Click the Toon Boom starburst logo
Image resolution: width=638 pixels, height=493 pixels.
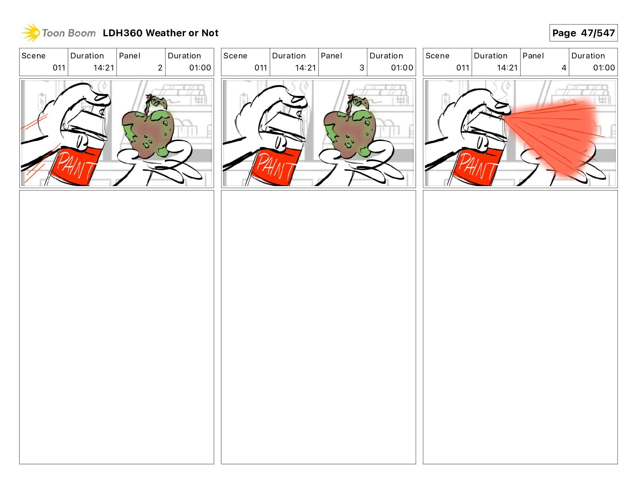pyautogui.click(x=31, y=33)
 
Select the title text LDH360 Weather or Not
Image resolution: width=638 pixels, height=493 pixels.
pyautogui.click(x=161, y=33)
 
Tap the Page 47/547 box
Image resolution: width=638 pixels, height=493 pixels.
pyautogui.click(x=583, y=33)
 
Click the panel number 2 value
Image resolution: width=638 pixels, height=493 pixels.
pyautogui.click(x=160, y=68)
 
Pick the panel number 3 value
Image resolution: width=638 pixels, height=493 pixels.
pyautogui.click(x=362, y=68)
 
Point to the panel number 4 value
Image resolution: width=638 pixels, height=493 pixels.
pyautogui.click(x=564, y=68)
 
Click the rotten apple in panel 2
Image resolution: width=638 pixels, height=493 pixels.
pyautogui.click(x=148, y=129)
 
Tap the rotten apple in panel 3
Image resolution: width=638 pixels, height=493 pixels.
pyautogui.click(x=350, y=129)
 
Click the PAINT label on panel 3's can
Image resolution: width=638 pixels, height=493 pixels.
pyautogui.click(x=278, y=166)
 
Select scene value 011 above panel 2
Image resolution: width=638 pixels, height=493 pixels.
pyautogui.click(x=59, y=68)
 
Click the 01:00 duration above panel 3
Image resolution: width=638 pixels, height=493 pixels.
pyautogui.click(x=402, y=68)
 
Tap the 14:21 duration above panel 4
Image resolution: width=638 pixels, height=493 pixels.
pyautogui.click(x=507, y=68)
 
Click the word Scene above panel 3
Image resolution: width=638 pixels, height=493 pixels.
pyautogui.click(x=235, y=56)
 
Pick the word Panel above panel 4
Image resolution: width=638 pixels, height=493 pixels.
pyautogui.click(x=533, y=56)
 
